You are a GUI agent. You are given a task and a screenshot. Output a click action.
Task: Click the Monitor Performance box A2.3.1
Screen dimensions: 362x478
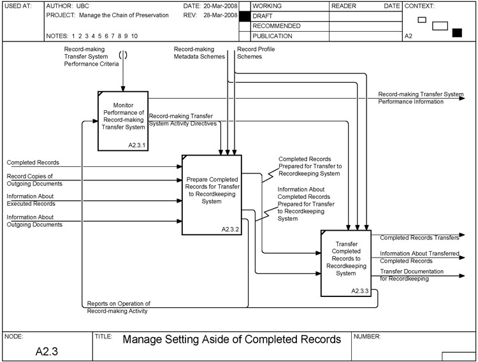pyautogui.click(x=123, y=120)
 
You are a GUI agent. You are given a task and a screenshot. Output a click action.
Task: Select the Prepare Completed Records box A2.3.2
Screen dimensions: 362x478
pyautogui.click(x=211, y=194)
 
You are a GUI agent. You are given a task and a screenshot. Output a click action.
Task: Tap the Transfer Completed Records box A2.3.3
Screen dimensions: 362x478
pyautogui.click(x=349, y=263)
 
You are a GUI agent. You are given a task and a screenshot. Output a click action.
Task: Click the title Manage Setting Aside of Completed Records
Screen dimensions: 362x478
pyautogui.click(x=231, y=339)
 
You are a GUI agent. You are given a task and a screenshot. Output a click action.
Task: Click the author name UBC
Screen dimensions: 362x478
pyautogui.click(x=82, y=6)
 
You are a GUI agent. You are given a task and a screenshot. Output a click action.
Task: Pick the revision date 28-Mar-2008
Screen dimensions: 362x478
pyautogui.click(x=220, y=15)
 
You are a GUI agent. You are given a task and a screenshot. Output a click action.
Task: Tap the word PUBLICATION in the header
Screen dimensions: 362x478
pyautogui.click(x=273, y=36)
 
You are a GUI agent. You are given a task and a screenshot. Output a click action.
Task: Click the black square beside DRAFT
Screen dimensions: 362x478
pyautogui.click(x=244, y=15)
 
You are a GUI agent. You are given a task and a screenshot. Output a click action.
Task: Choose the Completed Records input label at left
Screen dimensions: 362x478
pyautogui.click(x=33, y=163)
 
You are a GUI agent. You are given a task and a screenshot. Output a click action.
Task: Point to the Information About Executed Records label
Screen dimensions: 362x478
pyautogui.click(x=31, y=199)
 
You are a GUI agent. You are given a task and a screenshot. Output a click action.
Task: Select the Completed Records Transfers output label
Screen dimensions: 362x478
pyautogui.click(x=419, y=238)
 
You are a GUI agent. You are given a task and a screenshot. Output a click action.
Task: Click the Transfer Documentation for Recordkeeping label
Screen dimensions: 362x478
pyautogui.click(x=413, y=275)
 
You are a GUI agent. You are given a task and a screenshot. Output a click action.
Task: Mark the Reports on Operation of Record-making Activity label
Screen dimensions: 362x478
pyautogui.click(x=119, y=307)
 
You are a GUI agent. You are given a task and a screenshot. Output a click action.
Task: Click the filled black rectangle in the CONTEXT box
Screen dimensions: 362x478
pyautogui.click(x=456, y=33)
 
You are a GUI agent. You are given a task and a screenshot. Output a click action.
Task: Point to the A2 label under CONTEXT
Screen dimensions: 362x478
pyautogui.click(x=409, y=37)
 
